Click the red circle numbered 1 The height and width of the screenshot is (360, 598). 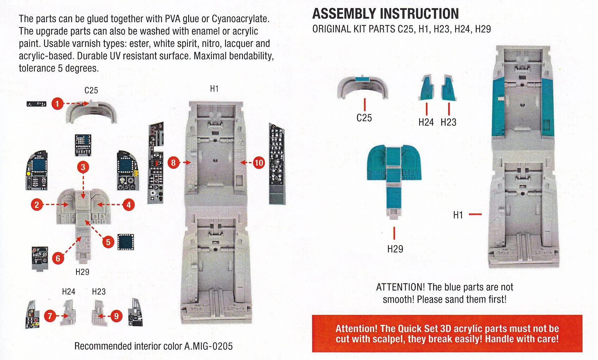57,104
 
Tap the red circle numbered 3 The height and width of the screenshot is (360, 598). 83,167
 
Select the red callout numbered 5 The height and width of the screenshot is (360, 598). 108,242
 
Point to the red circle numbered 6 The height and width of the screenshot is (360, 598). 58,258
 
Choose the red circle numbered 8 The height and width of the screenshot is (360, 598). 173,162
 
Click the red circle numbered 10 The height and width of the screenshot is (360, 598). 259,162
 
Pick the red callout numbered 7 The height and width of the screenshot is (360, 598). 50,316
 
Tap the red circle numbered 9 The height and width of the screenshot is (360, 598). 116,316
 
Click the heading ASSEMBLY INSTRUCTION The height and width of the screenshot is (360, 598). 386,14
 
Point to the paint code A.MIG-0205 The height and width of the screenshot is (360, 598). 208,346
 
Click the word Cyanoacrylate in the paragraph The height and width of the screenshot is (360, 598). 240,19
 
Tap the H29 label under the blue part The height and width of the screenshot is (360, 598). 395,249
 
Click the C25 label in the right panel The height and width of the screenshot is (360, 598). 364,118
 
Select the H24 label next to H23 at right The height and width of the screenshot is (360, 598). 426,122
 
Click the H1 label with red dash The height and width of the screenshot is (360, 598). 458,215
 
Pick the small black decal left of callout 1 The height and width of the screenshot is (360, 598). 36,104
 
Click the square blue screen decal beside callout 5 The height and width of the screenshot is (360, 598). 125,242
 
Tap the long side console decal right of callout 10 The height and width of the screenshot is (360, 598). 277,164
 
